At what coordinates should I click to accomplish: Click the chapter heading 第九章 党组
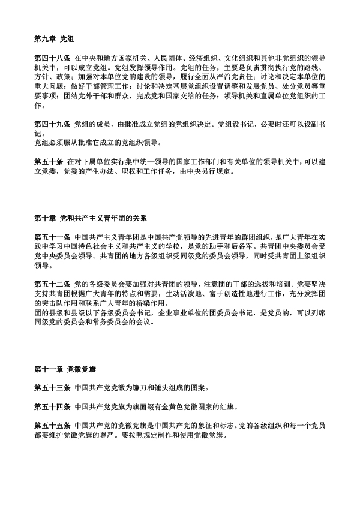click(x=53, y=39)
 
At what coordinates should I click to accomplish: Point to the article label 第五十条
click(x=49, y=162)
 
